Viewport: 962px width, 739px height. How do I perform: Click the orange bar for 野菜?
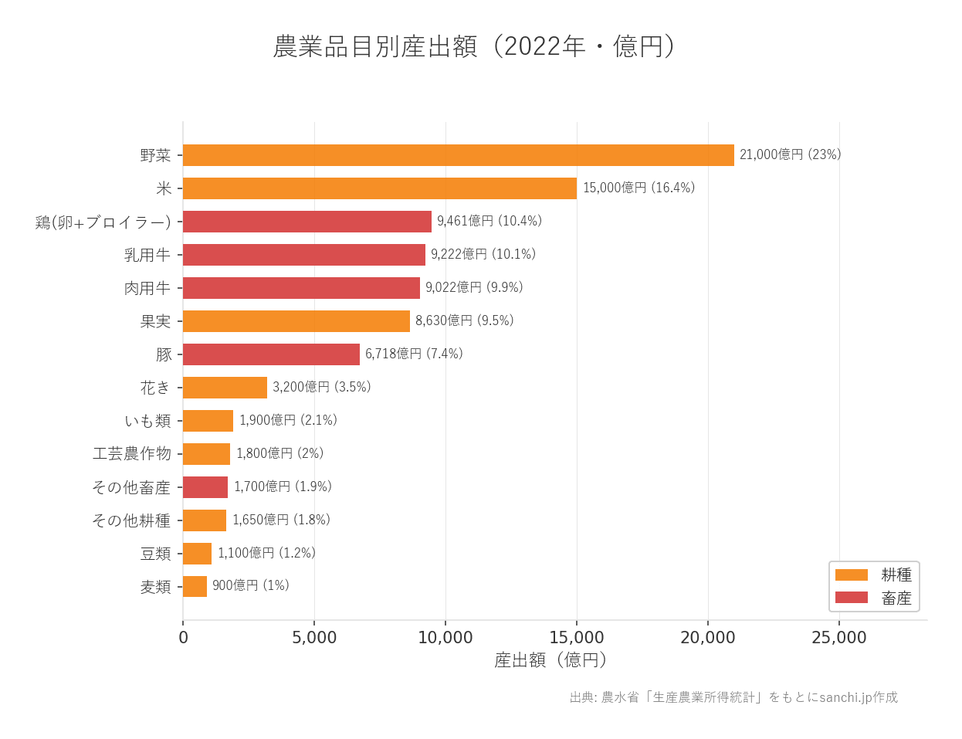tap(458, 155)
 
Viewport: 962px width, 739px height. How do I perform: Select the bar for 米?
tap(379, 188)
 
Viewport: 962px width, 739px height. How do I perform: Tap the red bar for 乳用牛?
tap(303, 255)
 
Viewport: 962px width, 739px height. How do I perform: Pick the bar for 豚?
tap(271, 354)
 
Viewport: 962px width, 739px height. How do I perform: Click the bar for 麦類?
tap(195, 587)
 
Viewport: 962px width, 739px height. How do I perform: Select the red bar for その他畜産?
tap(205, 487)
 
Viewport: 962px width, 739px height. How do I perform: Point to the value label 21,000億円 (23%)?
tap(790, 154)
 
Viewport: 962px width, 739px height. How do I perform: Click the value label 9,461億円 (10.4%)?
tap(489, 221)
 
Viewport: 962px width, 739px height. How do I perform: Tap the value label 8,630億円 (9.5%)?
tap(464, 320)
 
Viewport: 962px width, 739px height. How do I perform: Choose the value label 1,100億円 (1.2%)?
tap(266, 553)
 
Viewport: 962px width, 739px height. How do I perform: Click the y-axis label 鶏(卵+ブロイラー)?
tap(103, 222)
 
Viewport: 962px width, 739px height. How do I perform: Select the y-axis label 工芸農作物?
tap(131, 454)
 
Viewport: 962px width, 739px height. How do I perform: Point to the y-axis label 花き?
tap(155, 388)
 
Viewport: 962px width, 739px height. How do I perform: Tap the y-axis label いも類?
tap(147, 421)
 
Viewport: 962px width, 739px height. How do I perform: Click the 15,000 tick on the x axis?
tap(577, 638)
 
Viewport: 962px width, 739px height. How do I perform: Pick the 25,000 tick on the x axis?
tap(838, 638)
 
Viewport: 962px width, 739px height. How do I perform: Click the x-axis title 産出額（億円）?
tap(550, 660)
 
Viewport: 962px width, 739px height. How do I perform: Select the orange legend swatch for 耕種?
tap(851, 575)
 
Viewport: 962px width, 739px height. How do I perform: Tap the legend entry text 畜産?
tap(896, 598)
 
